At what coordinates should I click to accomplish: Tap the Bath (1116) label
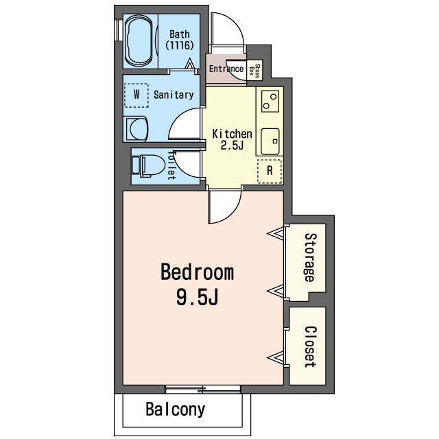point(180,40)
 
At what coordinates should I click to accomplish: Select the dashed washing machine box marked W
point(137,95)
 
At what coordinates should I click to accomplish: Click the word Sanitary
point(174,95)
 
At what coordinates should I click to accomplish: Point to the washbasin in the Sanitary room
point(137,129)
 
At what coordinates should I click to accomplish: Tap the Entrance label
point(226,69)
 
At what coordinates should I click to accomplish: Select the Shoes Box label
point(254,69)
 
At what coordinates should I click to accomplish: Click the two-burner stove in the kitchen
point(270,101)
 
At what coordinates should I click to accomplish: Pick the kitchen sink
point(270,141)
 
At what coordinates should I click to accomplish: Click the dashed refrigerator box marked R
point(270,171)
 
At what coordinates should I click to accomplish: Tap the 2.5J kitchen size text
point(232,145)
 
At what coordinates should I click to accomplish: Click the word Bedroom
point(197,272)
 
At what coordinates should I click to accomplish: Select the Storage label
point(310,257)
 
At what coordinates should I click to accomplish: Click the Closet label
point(310,346)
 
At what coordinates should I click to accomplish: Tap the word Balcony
point(176,410)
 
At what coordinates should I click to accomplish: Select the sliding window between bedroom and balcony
point(203,389)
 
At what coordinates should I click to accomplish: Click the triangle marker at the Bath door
point(190,64)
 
